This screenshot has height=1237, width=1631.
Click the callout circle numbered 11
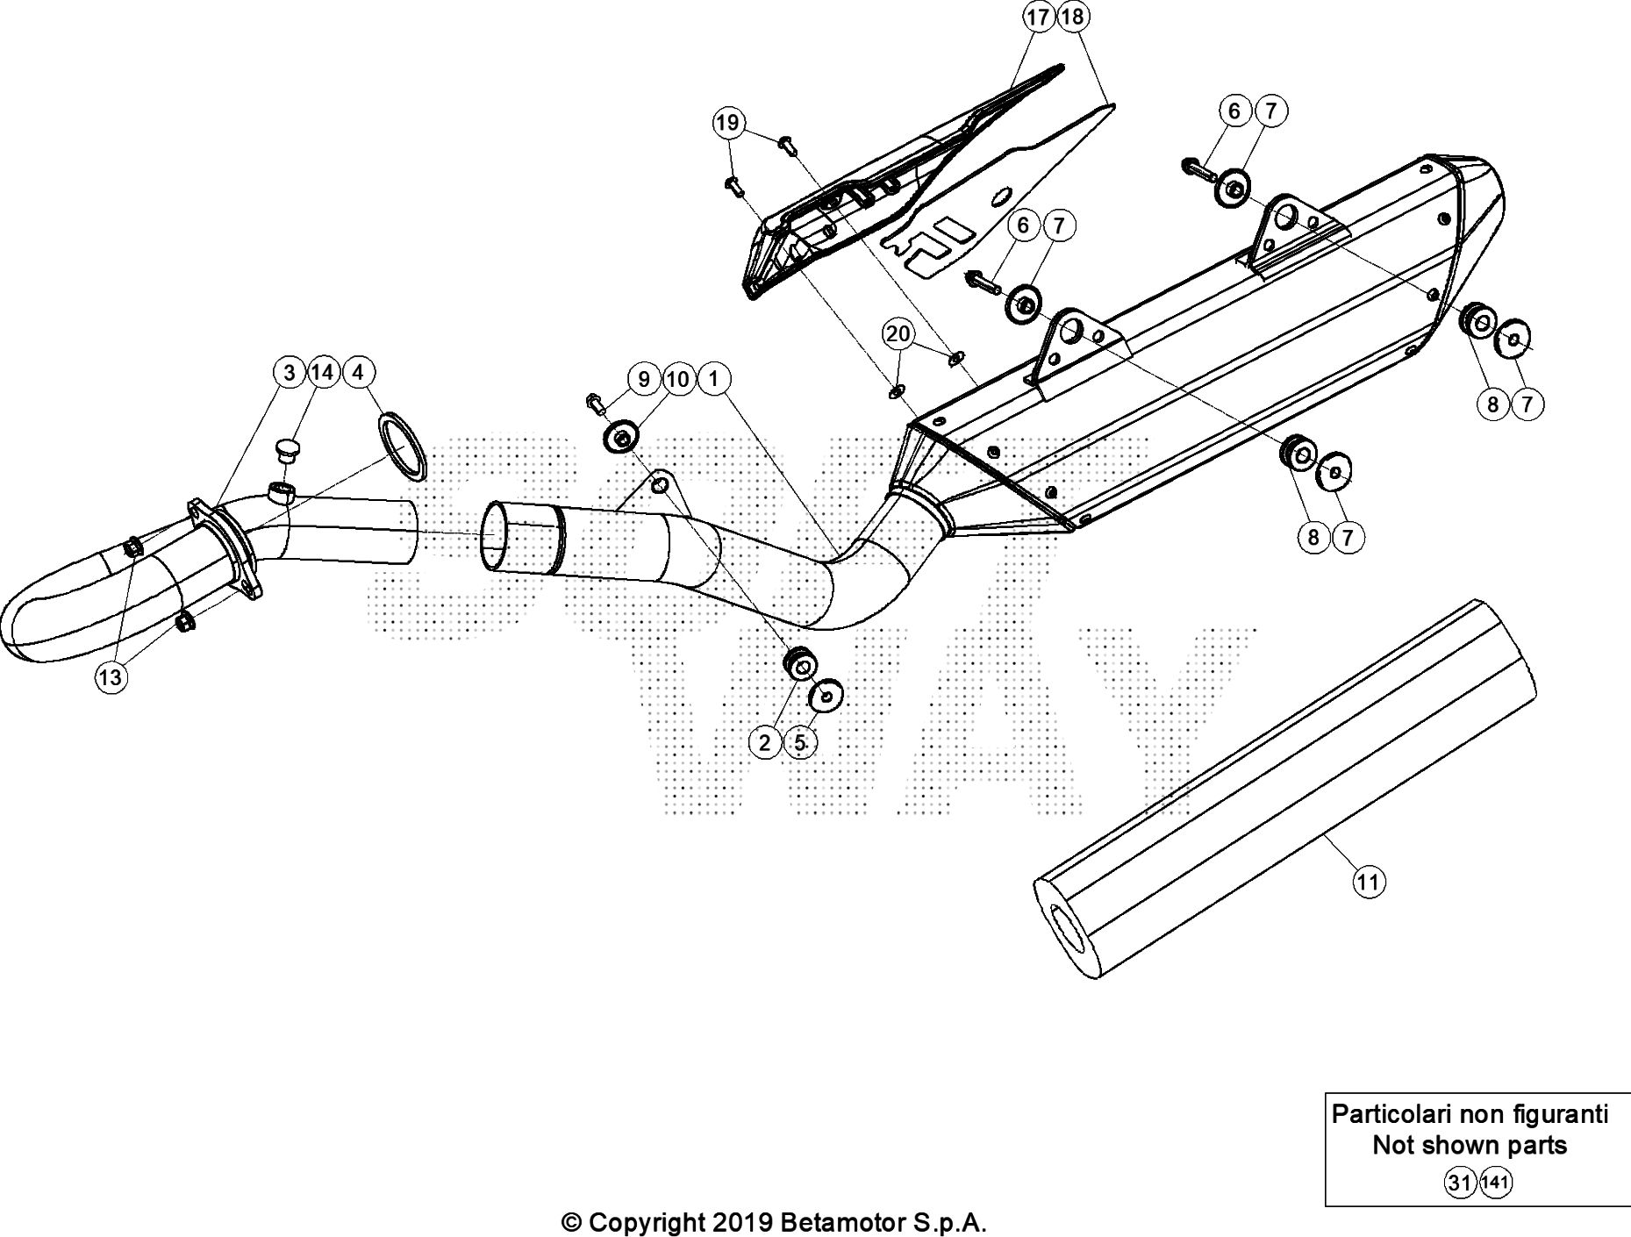point(1368,881)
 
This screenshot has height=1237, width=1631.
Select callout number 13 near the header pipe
point(111,677)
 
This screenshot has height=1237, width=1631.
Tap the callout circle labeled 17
point(1038,17)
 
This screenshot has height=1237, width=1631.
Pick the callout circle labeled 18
point(1072,17)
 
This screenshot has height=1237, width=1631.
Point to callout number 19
point(727,123)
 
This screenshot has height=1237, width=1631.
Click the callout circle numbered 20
point(898,333)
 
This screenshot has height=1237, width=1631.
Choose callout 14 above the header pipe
point(322,373)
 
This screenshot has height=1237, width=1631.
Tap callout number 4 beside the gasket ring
point(357,373)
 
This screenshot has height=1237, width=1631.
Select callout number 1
point(714,379)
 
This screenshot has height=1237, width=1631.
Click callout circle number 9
point(645,379)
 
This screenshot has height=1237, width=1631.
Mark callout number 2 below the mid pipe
point(765,743)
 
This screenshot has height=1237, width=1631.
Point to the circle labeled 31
point(1459,1183)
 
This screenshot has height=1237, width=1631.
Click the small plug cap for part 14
point(287,450)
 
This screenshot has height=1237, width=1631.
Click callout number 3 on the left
point(290,373)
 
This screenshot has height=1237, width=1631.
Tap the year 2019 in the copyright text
point(740,1222)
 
